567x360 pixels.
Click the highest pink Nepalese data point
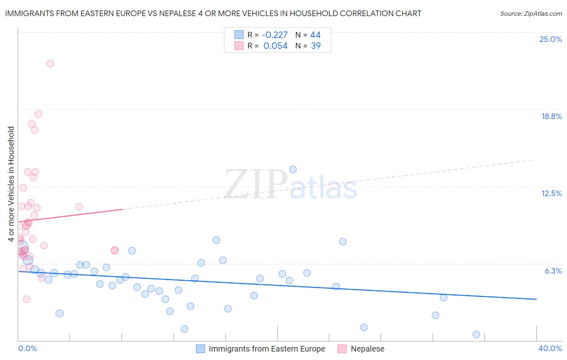click(x=50, y=63)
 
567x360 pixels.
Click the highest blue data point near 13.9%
click(x=293, y=170)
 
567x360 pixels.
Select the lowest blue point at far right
click(x=476, y=334)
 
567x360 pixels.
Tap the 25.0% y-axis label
click(x=550, y=39)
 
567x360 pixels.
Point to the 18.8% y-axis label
click(x=551, y=116)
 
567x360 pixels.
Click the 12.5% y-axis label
click(x=551, y=193)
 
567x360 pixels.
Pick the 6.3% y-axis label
click(x=553, y=271)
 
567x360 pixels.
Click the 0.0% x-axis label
click(x=27, y=348)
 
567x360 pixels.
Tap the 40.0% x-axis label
click(x=550, y=348)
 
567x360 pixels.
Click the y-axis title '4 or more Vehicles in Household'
click(x=11, y=184)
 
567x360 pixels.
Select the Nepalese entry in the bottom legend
click(x=367, y=349)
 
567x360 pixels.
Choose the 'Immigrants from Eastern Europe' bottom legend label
click(x=267, y=349)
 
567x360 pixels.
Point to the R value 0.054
click(x=275, y=46)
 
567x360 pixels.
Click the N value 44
click(x=315, y=35)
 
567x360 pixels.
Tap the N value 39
click(x=316, y=46)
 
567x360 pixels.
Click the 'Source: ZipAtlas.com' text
click(x=531, y=14)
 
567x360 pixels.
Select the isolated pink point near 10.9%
click(x=79, y=207)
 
